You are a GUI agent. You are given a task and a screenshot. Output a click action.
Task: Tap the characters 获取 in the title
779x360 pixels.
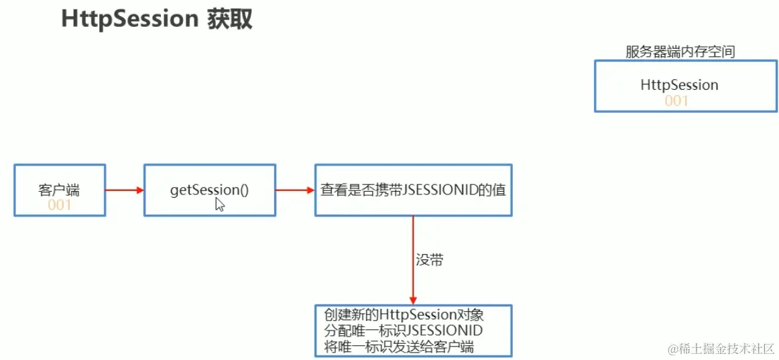[229, 19]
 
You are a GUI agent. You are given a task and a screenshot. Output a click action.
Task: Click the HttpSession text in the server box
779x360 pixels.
[678, 85]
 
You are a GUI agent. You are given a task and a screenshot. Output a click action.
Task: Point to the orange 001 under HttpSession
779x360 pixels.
[676, 101]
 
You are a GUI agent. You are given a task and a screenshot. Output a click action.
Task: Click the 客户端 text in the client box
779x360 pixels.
[59, 190]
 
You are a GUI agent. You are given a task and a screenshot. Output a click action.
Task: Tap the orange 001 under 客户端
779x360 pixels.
[59, 205]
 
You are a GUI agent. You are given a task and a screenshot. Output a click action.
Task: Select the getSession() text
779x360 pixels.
[209, 190]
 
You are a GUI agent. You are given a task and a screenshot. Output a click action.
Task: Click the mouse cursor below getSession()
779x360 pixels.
[219, 204]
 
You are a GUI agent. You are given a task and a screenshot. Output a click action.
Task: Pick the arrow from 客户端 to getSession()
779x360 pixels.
[124, 190]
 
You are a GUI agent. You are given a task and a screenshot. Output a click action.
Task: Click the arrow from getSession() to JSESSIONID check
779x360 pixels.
[295, 190]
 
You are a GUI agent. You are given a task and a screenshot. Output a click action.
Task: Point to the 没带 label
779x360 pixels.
[429, 260]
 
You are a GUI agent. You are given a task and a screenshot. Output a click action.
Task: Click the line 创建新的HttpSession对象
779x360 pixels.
[404, 314]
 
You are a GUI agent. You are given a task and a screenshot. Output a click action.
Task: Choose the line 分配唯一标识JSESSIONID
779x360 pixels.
[404, 331]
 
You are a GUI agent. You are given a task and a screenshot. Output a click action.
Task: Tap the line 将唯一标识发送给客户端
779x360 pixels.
[399, 347]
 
